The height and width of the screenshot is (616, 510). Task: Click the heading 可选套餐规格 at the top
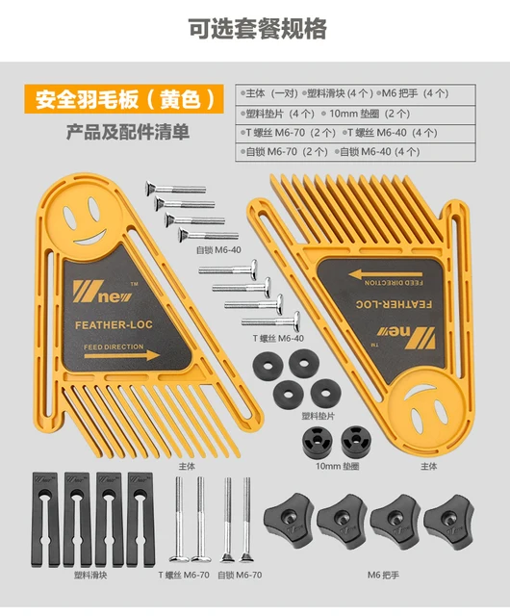(256, 30)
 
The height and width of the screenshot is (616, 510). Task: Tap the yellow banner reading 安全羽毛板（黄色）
(127, 99)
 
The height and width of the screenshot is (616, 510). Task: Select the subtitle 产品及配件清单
(127, 132)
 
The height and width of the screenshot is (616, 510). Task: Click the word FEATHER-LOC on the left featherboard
(114, 325)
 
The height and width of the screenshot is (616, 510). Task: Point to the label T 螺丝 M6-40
(278, 338)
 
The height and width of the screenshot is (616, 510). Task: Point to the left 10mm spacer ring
(315, 442)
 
